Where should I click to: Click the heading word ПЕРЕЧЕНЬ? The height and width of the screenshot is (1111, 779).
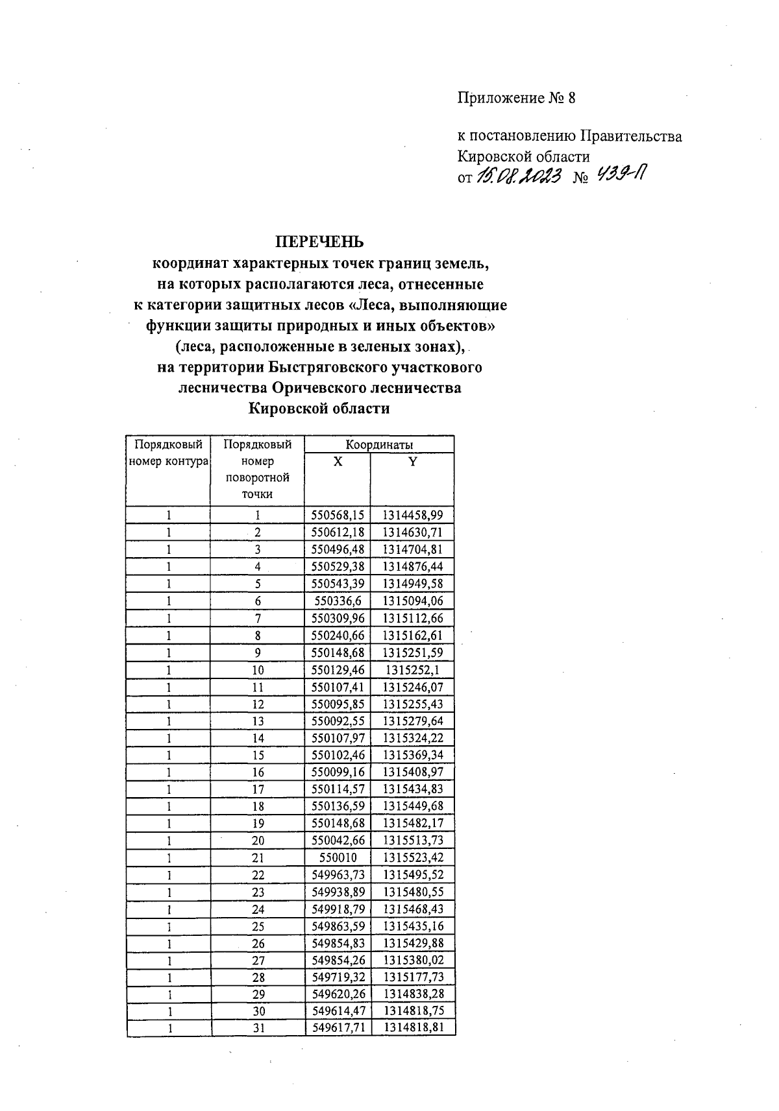click(320, 242)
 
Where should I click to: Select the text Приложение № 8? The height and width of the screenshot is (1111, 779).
click(517, 99)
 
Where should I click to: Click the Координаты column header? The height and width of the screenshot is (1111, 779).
click(379, 444)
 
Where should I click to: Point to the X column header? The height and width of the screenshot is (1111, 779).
click(338, 461)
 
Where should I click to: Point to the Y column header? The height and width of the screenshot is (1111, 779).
click(412, 461)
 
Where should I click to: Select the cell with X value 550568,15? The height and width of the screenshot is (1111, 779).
click(338, 516)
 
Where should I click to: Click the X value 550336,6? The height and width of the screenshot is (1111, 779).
click(338, 601)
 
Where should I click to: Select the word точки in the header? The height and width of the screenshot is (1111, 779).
click(258, 494)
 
